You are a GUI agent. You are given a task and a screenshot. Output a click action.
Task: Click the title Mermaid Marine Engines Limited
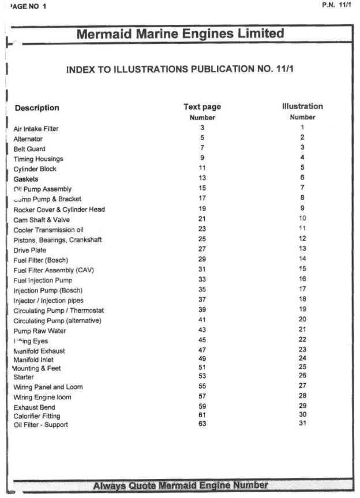(x=180, y=34)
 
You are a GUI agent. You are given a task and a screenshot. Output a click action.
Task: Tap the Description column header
(x=37, y=108)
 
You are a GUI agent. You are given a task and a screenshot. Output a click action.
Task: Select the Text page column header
(x=202, y=107)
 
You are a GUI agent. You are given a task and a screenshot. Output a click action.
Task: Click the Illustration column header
(x=302, y=106)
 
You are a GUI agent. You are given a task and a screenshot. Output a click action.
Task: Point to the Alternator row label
(x=28, y=139)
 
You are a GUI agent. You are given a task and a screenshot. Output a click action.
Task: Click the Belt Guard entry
(x=29, y=149)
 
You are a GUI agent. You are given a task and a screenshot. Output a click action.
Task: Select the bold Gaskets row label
(x=26, y=179)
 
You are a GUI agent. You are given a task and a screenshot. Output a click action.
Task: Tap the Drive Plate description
(x=29, y=250)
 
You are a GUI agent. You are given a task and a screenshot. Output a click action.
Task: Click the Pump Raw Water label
(x=39, y=331)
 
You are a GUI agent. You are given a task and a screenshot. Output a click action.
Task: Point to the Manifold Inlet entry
(x=33, y=360)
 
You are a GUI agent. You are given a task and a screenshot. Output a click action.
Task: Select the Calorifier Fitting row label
(x=37, y=416)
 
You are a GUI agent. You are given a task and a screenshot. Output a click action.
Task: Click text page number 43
(x=202, y=329)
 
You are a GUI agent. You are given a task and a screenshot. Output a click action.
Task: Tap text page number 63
(x=202, y=424)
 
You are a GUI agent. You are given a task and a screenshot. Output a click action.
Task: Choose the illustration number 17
(x=302, y=289)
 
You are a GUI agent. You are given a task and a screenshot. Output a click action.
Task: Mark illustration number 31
(x=302, y=423)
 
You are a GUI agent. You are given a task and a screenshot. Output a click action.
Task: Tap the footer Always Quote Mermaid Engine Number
(x=181, y=485)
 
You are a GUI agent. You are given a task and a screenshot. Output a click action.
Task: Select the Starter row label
(x=24, y=377)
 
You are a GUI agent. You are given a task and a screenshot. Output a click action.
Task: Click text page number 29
(x=202, y=259)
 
